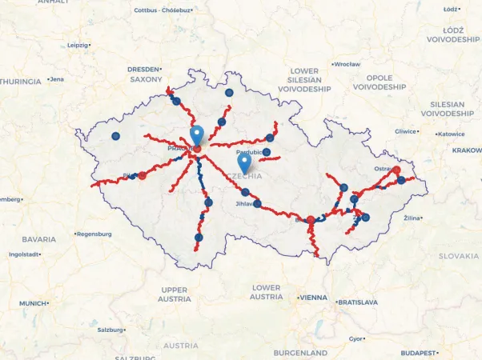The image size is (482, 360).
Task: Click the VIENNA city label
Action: click(312, 298)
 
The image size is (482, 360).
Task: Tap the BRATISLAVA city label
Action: click(357, 302)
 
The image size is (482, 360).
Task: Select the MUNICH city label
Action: click(33, 304)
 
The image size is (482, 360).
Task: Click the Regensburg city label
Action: click(95, 234)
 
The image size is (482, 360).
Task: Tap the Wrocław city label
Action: click(347, 64)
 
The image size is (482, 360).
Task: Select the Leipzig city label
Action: click(78, 46)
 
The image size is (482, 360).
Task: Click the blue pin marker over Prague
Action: click(197, 135)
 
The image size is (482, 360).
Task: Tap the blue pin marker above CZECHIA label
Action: click(244, 162)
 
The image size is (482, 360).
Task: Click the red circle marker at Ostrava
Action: click(396, 170)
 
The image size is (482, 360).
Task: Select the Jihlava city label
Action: click(245, 204)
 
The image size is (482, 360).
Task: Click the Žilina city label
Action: click(413, 218)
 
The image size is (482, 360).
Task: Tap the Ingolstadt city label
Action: click(23, 254)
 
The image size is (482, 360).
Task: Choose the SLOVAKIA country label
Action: click(459, 256)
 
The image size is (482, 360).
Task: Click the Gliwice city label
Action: click(405, 131)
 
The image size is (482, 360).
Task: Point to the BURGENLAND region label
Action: click(300, 353)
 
